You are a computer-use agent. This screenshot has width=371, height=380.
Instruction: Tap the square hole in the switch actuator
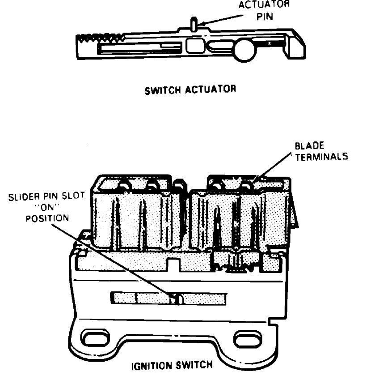pyautogui.click(x=194, y=44)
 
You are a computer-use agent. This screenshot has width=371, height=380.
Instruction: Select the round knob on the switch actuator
pyautogui.click(x=244, y=51)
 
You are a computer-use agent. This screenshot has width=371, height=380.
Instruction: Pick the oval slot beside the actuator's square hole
pyautogui.click(x=219, y=45)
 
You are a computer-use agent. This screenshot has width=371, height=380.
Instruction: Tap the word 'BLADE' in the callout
pyautogui.click(x=306, y=146)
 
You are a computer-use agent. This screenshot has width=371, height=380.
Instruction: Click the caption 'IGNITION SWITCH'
pyautogui.click(x=172, y=365)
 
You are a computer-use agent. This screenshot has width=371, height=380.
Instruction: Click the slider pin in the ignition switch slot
pyautogui.click(x=178, y=299)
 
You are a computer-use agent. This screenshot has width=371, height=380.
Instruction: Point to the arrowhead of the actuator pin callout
pyautogui.click(x=200, y=24)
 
